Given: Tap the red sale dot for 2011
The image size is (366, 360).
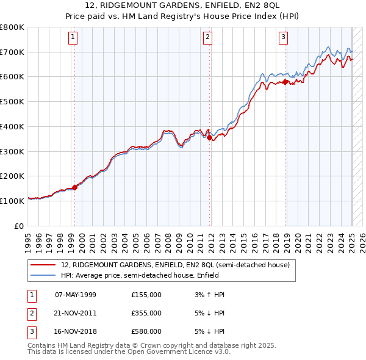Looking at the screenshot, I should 210,138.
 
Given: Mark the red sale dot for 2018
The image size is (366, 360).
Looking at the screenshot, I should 285,81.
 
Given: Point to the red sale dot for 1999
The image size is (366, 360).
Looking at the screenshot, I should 74,187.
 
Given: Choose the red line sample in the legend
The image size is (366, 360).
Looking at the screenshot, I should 44,265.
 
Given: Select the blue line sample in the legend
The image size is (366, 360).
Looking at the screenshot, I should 44,275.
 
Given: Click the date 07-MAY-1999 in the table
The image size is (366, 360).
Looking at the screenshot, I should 76,295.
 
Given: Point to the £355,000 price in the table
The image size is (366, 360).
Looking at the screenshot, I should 146,313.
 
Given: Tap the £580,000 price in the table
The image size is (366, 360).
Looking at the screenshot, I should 146,331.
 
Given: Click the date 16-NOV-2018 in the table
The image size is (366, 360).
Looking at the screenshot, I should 76,331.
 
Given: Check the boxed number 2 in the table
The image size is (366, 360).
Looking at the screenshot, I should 30,313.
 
